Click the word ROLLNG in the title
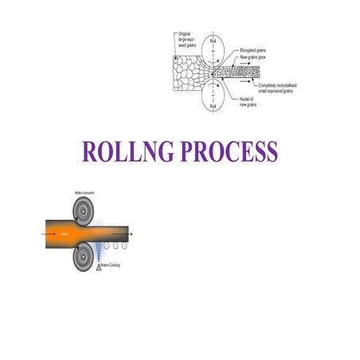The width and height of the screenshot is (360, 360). [128, 151]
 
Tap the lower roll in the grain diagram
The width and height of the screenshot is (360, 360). [213, 99]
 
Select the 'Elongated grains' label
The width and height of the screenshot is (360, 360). [256, 49]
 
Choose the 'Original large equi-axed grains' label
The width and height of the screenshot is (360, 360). [188, 37]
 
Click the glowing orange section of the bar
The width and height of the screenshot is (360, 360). [68, 234]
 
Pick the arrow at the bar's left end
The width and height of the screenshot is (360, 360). [40, 234]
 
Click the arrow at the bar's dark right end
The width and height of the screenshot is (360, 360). [131, 234]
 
